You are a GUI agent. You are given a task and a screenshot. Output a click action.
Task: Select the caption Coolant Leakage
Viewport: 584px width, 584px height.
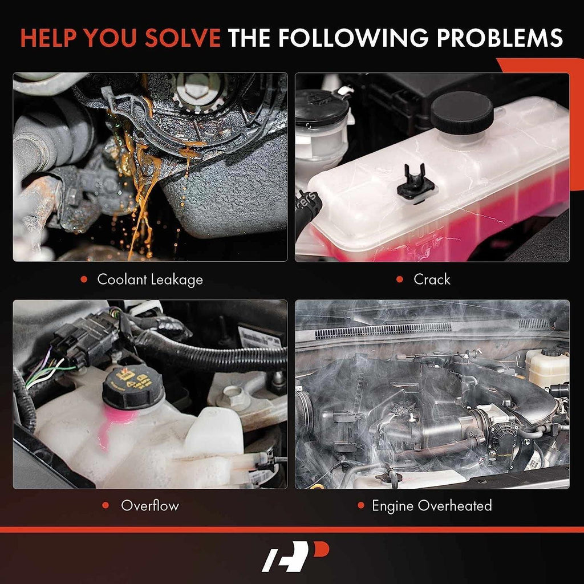[x=149, y=279]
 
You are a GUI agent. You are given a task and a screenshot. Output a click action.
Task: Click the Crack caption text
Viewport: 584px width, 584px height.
[x=432, y=279]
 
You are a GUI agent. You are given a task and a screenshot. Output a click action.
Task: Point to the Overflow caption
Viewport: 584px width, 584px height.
[x=149, y=505]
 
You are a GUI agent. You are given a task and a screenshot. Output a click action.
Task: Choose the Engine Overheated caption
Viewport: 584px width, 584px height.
[x=432, y=505]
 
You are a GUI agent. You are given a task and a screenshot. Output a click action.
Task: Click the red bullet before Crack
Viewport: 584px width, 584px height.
[x=400, y=279]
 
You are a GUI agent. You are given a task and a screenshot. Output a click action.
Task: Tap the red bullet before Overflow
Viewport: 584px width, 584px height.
[x=106, y=505]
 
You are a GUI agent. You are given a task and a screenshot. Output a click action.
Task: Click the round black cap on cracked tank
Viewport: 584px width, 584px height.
[x=461, y=112]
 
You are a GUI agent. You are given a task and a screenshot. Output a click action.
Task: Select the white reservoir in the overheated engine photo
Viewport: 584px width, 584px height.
[x=546, y=368]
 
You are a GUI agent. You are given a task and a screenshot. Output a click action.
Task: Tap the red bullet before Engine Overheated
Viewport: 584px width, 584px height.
[x=360, y=505]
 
